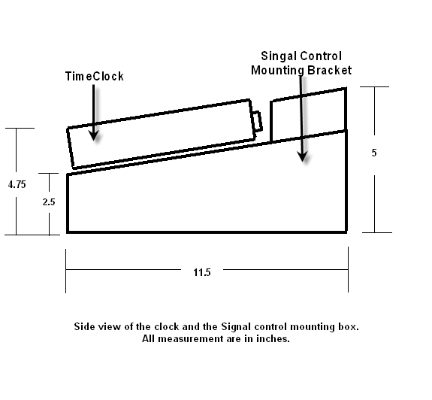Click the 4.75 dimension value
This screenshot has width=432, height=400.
point(17,184)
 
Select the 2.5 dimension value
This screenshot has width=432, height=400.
point(49,202)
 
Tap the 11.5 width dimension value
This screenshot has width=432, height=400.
point(202,272)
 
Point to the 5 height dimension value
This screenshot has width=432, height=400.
point(374,153)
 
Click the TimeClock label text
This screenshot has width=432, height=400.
point(94,77)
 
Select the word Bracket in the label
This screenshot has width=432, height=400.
point(330,70)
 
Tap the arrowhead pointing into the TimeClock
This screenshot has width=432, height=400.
point(94,135)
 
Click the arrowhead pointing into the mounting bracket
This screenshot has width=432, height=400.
point(303,156)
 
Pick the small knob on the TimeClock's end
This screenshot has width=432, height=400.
point(258,120)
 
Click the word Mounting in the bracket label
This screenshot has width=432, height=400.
point(278,71)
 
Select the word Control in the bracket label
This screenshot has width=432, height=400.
point(321,56)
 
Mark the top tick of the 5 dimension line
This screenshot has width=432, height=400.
point(374,86)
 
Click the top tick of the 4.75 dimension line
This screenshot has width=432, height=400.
point(20,128)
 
